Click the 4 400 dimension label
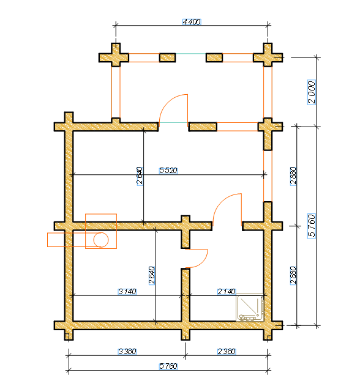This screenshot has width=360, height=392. (192, 22)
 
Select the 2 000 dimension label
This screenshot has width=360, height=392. (312, 92)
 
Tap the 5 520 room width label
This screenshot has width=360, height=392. (168, 171)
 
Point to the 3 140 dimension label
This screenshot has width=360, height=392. (127, 292)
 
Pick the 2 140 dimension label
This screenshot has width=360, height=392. (227, 292)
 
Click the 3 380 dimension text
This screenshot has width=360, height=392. (127, 352)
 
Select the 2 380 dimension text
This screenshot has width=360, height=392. (227, 352)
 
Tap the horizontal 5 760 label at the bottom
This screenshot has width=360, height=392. (168, 366)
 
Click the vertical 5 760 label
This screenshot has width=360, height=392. (312, 226)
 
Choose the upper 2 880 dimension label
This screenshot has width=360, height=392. (293, 176)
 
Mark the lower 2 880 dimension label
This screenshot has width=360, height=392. (293, 275)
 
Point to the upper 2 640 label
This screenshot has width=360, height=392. (140, 176)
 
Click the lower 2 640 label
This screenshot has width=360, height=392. (152, 275)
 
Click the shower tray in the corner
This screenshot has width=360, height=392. (250, 308)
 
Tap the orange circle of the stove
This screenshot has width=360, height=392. (101, 240)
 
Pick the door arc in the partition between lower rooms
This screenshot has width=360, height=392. (202, 262)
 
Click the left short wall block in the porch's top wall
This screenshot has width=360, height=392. (168, 57)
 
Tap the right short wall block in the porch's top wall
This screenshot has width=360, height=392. (214, 57)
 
